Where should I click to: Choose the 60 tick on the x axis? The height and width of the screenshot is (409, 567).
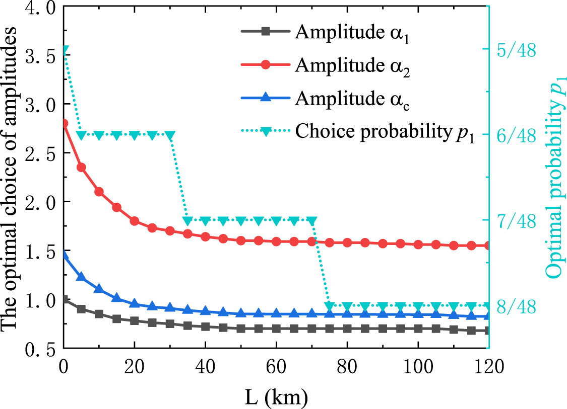pyautogui.click(x=276, y=367)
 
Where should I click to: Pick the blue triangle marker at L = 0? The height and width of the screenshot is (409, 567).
pyautogui.click(x=64, y=256)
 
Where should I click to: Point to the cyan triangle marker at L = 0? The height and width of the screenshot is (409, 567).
pyautogui.click(x=64, y=50)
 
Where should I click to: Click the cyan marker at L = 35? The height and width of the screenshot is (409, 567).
pyautogui.click(x=187, y=220)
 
